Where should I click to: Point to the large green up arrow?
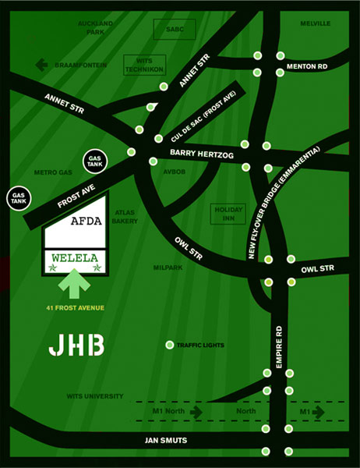(74, 285)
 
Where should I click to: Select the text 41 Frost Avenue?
(74, 308)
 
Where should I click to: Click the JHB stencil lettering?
(76, 346)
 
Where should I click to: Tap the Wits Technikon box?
(143, 65)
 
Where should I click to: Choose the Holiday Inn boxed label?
(228, 214)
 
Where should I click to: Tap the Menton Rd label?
(306, 66)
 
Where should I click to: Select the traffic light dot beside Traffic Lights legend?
(170, 345)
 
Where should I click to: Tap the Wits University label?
(94, 396)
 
